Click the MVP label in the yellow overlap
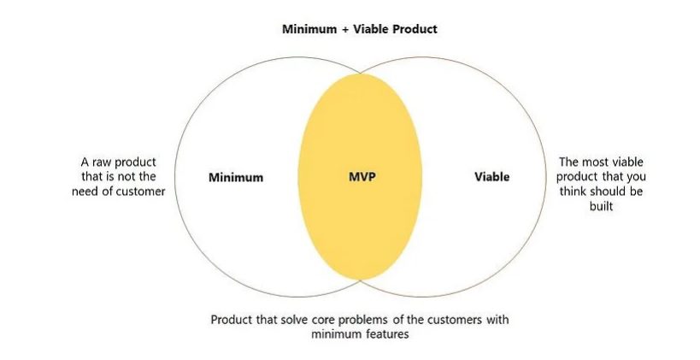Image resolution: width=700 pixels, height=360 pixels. [362, 177]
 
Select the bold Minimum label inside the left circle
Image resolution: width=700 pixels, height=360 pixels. [236, 178]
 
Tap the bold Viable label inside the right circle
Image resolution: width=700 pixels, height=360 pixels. [491, 177]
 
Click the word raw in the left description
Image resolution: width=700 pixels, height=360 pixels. [103, 162]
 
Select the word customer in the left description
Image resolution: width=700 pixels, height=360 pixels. [137, 191]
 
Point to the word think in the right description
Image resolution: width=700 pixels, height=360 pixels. [574, 191]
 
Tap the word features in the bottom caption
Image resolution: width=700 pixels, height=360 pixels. [388, 334]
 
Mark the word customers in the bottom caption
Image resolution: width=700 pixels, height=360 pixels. [451, 320]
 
